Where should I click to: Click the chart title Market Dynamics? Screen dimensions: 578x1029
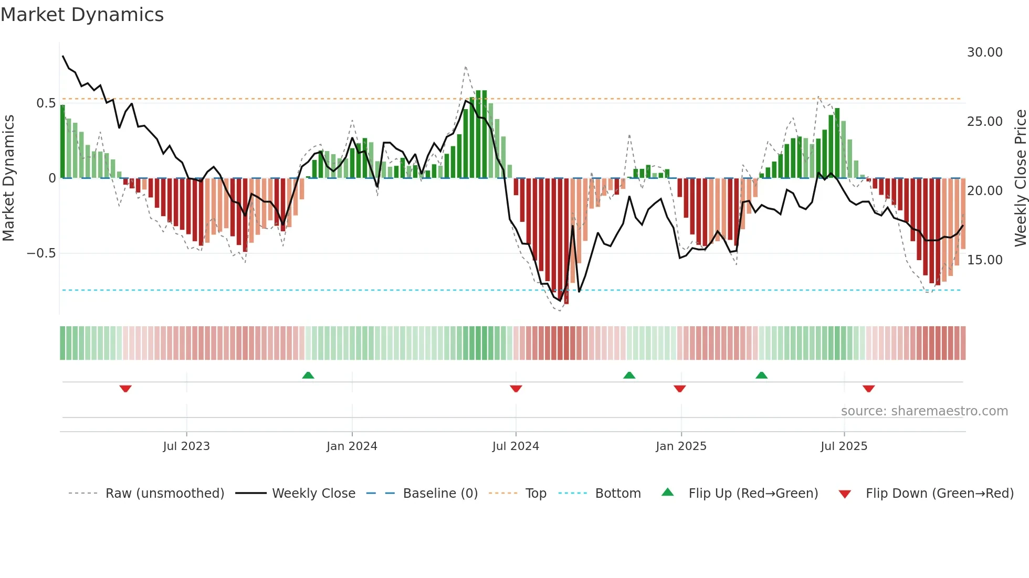[x=82, y=15]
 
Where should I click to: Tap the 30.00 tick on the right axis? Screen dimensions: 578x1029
[x=984, y=52]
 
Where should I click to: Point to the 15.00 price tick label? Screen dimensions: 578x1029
[x=984, y=260]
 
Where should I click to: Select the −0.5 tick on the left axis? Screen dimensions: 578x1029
[x=41, y=253]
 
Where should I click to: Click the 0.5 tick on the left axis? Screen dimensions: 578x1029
[x=46, y=103]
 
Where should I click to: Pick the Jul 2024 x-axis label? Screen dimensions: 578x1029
[x=516, y=446]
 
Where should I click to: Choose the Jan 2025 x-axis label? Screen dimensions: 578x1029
[x=681, y=446]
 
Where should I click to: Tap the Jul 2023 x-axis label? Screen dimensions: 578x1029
[x=186, y=446]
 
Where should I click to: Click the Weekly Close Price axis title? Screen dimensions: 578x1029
[x=1020, y=178]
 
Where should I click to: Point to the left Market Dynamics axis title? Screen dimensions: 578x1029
[x=8, y=178]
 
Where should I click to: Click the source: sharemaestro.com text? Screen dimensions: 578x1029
[x=924, y=411]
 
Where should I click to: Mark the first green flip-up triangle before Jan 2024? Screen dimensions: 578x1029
[x=308, y=376]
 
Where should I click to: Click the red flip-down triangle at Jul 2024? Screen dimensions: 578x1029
[x=516, y=389]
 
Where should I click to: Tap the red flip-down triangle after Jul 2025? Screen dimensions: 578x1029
[x=868, y=389]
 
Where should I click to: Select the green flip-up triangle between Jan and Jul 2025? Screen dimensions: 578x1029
[x=761, y=376]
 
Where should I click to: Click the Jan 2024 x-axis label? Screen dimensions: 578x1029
[x=352, y=446]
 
